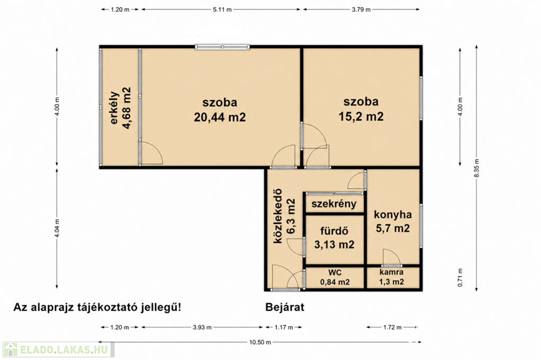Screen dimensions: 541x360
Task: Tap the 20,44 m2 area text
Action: click(x=220, y=117)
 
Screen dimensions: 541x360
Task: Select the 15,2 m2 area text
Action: click(x=361, y=116)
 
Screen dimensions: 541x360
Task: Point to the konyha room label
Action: click(x=393, y=214)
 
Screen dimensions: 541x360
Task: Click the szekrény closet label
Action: click(x=334, y=203)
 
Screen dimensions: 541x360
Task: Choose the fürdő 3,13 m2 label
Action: click(x=334, y=238)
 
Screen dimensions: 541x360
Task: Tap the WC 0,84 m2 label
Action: click(x=334, y=277)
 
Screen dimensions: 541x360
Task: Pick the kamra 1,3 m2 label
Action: click(x=391, y=277)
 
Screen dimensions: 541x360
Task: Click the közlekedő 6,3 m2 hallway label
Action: click(x=284, y=216)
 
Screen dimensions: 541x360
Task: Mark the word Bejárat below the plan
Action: click(x=285, y=307)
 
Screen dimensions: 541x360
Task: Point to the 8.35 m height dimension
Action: click(x=477, y=168)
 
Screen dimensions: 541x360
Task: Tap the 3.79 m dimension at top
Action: click(x=361, y=10)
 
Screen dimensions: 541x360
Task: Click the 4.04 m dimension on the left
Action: click(x=57, y=228)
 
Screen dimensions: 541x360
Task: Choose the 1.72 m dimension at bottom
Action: click(x=392, y=327)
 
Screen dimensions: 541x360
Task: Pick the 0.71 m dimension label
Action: click(x=460, y=278)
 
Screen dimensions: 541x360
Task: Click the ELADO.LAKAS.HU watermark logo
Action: click(x=59, y=349)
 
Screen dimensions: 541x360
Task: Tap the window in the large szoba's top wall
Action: click(x=222, y=47)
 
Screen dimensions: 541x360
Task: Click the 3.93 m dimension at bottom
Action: click(x=202, y=327)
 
